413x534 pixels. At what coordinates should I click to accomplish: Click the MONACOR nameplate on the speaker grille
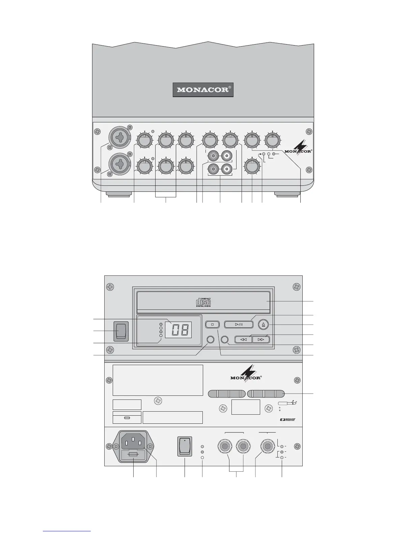(203, 90)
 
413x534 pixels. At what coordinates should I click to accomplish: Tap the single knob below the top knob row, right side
(252, 167)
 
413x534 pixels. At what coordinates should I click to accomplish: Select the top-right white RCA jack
(226, 156)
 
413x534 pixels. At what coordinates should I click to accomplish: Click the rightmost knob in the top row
(273, 140)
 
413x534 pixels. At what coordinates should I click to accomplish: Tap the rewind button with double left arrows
(243, 339)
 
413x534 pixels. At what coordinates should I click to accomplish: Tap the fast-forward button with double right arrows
(261, 339)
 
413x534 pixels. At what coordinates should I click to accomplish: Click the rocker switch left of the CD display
(120, 331)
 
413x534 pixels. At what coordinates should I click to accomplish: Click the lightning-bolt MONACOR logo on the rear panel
(246, 373)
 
